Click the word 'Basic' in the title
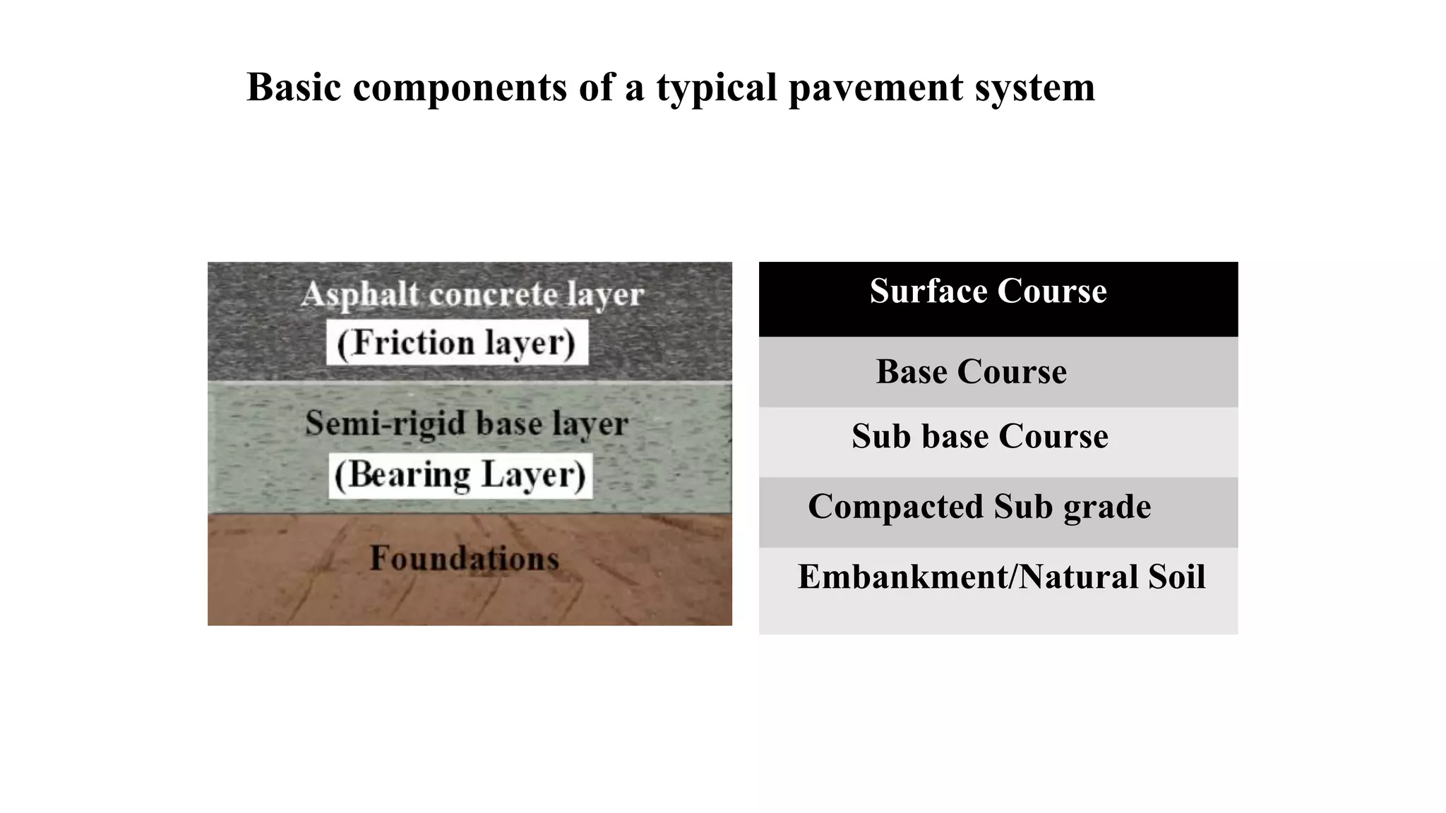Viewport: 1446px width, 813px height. (294, 88)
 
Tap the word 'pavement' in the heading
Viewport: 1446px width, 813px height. (875, 88)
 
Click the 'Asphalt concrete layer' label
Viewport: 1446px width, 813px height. (472, 294)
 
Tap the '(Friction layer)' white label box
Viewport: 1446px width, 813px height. (457, 343)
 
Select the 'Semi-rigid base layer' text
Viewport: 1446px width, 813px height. (467, 423)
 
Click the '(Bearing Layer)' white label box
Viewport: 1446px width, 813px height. (460, 475)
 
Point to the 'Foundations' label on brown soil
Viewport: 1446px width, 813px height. (465, 558)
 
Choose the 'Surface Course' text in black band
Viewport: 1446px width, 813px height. (988, 291)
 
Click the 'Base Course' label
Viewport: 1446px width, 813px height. (971, 372)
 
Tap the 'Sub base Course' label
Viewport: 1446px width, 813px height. (979, 436)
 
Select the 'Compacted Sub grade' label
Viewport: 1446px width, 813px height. (979, 507)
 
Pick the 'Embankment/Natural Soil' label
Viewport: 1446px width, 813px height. (1001, 577)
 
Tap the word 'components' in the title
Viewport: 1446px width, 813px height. (460, 88)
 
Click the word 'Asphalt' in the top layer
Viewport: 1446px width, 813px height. (361, 294)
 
